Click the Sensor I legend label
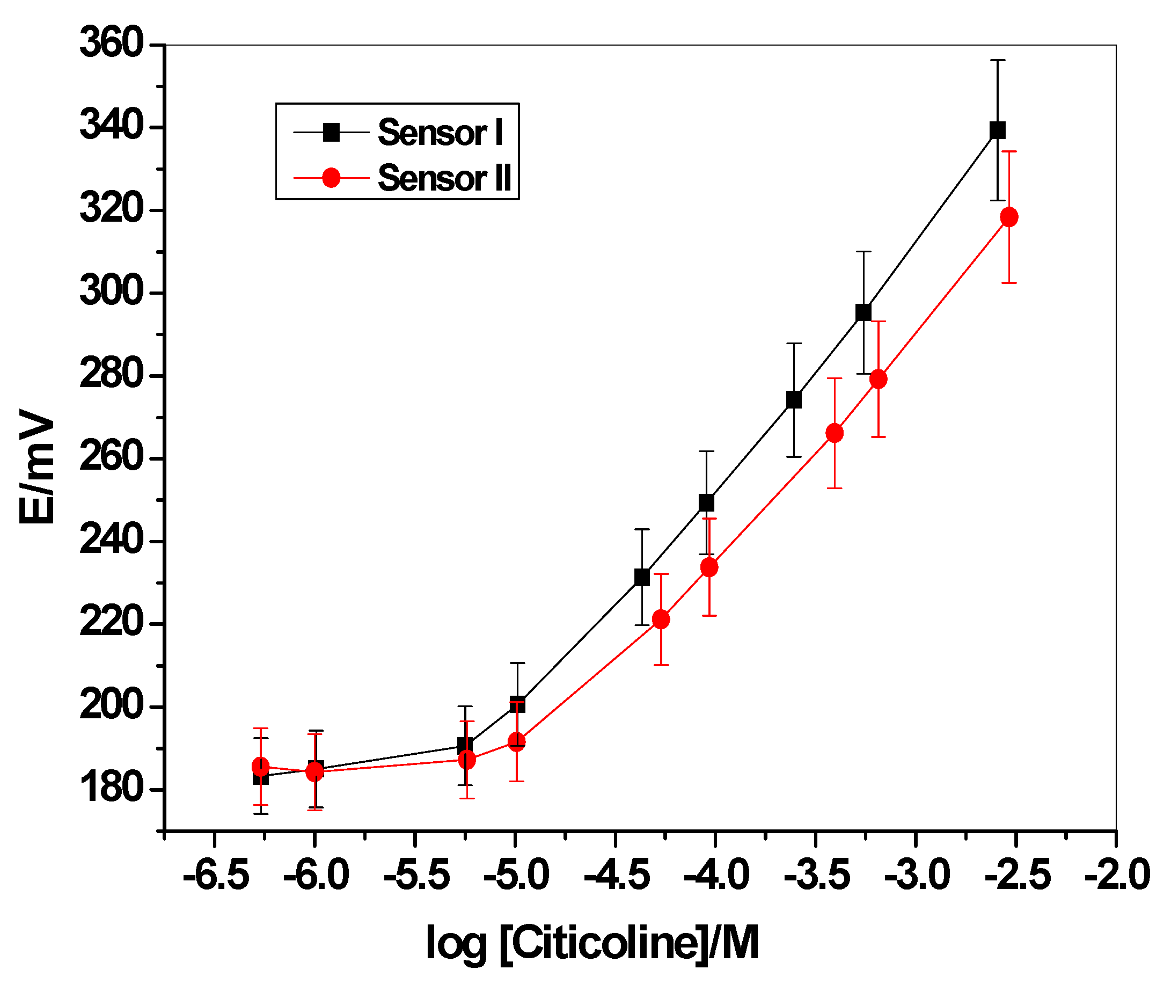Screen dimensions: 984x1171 440,133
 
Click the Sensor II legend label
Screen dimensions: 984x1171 444,179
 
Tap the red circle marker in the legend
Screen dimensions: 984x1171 331,178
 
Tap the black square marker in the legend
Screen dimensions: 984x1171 331,132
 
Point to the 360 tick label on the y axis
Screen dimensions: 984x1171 112,43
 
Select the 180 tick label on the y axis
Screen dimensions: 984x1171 112,789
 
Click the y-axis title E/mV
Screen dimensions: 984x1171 37,467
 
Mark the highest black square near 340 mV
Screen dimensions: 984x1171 998,130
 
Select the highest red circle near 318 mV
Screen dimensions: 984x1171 1009,217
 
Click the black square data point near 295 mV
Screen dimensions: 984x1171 863,312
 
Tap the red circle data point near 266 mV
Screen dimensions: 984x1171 835,433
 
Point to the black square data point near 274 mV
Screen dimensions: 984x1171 794,400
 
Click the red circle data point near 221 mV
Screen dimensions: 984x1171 661,619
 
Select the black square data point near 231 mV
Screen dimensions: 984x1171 642,577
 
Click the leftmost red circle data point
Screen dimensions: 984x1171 260,767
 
